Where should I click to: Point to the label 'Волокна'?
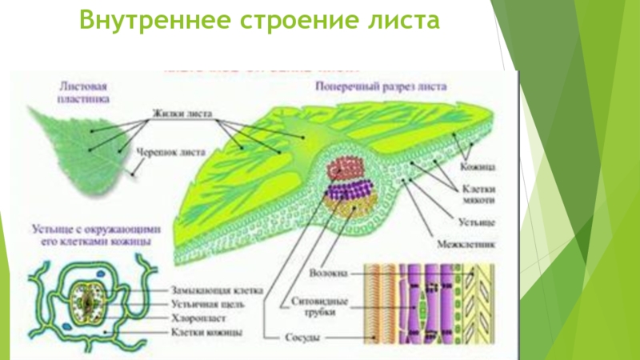(x=330, y=273)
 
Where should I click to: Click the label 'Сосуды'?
(x=304, y=338)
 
